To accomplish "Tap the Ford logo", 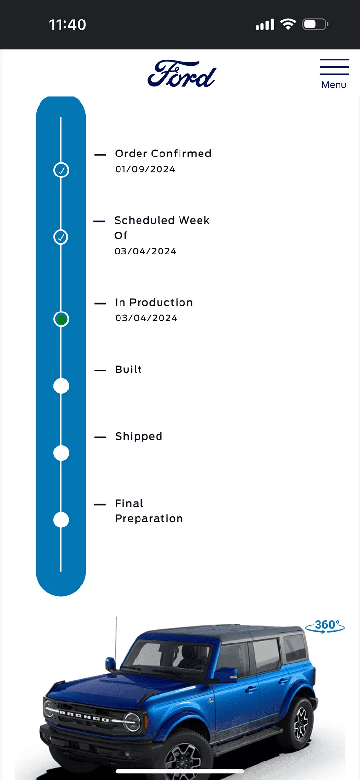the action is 181,74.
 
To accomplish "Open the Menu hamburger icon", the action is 334,67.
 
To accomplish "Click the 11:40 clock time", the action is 68,25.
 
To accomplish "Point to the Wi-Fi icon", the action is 288,24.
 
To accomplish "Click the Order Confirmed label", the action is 163,154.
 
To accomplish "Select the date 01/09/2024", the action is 145,169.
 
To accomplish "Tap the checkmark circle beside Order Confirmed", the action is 61,170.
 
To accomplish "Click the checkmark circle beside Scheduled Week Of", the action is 61,237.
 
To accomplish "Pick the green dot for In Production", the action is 61,319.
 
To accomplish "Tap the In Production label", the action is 154,303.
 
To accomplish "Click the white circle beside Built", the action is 61,386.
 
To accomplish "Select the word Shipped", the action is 139,437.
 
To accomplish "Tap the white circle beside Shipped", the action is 61,453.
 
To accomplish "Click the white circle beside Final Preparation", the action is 61,520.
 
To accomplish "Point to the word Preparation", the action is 149,519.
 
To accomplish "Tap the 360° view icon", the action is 325,626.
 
